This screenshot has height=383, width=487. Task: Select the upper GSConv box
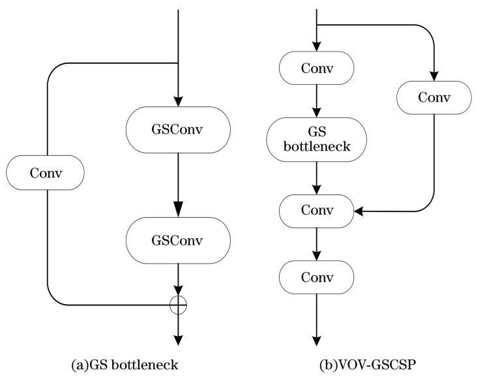[x=178, y=128]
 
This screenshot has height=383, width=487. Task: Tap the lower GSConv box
[x=178, y=239]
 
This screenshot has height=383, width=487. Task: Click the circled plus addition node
[x=178, y=304]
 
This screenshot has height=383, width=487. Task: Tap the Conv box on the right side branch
[x=434, y=99]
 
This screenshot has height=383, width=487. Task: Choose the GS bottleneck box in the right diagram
[x=316, y=138]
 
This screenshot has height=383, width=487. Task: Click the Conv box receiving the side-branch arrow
[x=316, y=211]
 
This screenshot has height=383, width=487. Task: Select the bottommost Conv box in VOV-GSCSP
[x=316, y=277]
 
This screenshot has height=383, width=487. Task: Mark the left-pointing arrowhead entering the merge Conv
[x=359, y=211]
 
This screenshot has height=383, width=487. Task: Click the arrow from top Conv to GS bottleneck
[x=316, y=100]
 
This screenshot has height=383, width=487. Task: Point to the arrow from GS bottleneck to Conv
[x=316, y=177]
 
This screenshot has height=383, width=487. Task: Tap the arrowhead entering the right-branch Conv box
[x=434, y=76]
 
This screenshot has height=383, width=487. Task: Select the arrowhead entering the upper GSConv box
[x=178, y=101]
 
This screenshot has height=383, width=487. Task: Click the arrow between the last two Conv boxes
[x=316, y=244]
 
